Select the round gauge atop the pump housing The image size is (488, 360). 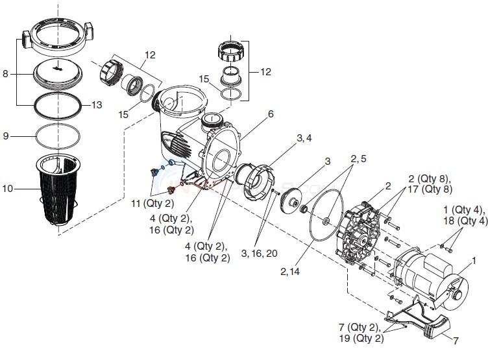(212, 120)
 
